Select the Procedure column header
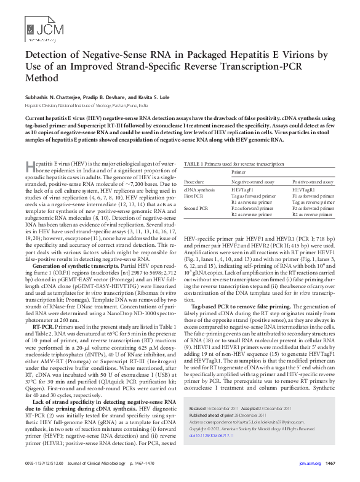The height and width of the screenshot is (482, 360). (x=194, y=182)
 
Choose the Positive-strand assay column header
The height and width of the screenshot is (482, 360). (x=313, y=182)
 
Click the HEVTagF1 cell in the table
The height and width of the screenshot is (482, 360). (x=243, y=191)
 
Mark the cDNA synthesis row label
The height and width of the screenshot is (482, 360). (x=201, y=191)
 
